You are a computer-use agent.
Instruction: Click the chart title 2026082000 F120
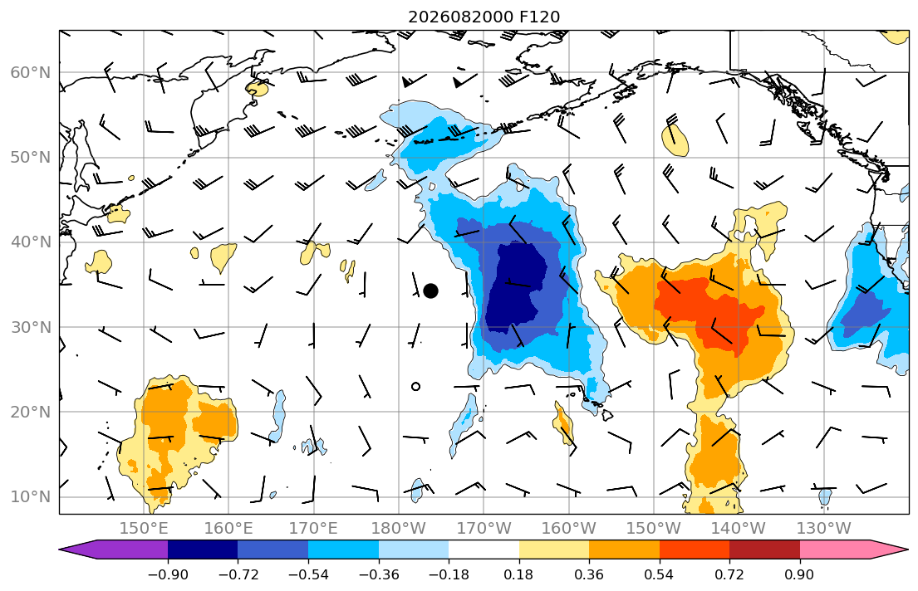point(484,17)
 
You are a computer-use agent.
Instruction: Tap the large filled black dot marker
point(430,291)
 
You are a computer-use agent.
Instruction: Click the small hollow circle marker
point(415,386)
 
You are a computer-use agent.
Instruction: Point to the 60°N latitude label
point(31,72)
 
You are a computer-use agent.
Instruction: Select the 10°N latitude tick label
point(31,497)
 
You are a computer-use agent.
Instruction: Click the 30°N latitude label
point(31,327)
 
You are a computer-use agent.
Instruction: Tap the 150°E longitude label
point(144,529)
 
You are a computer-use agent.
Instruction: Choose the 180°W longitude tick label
point(399,529)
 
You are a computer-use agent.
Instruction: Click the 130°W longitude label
point(824,529)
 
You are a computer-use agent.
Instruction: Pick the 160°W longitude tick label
point(568,529)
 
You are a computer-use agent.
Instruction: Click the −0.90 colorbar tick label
point(168,574)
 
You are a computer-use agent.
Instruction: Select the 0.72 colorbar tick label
point(729,574)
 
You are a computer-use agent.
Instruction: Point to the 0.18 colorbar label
point(518,574)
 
